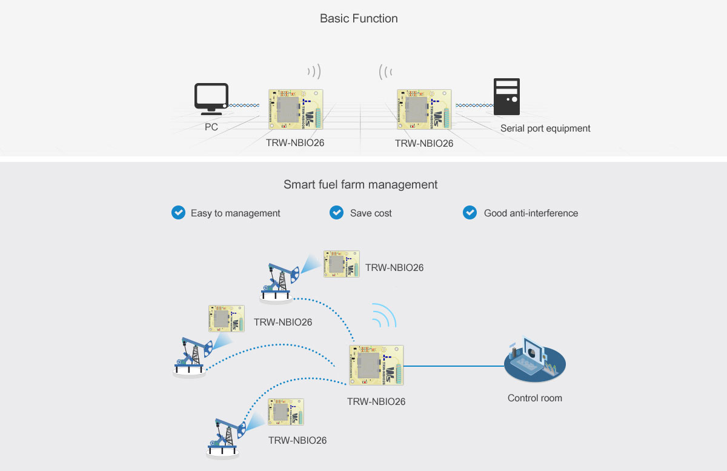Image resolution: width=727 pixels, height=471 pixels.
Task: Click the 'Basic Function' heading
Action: click(359, 18)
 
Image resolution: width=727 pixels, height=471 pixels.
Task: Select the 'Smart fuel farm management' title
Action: click(360, 184)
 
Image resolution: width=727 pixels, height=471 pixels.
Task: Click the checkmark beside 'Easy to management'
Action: click(178, 213)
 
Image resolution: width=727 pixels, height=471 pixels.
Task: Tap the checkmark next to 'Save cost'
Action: click(336, 213)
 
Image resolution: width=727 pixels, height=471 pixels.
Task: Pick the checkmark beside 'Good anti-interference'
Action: click(470, 213)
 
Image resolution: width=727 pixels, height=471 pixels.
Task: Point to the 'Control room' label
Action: click(534, 398)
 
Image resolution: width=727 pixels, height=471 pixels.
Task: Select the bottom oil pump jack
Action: click(225, 438)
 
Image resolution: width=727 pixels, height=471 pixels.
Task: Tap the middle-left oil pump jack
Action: click(192, 358)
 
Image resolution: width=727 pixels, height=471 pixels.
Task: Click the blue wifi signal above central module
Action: click(383, 315)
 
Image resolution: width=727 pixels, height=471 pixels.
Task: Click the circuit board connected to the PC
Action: click(296, 109)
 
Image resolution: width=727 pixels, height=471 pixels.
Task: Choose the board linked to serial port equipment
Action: click(424, 109)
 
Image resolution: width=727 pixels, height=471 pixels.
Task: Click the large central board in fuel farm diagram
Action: click(376, 366)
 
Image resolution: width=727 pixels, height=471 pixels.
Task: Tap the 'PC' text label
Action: click(211, 128)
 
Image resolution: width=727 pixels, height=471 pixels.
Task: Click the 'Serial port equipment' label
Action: click(545, 129)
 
